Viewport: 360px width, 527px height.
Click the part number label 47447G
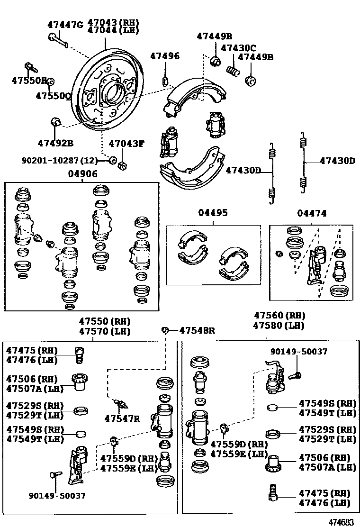tap(65, 24)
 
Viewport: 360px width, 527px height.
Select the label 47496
tap(165, 56)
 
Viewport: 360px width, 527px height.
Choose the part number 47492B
tap(55, 143)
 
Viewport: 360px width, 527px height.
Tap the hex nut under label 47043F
tap(121, 164)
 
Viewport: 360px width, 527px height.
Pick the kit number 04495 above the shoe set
tap(213, 213)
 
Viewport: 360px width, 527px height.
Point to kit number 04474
tap(312, 214)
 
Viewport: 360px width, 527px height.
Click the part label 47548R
tap(197, 330)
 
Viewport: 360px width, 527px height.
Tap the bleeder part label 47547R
tap(122, 418)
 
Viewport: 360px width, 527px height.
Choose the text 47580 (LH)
tap(279, 326)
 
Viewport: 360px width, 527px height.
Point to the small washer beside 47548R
tap(165, 330)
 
